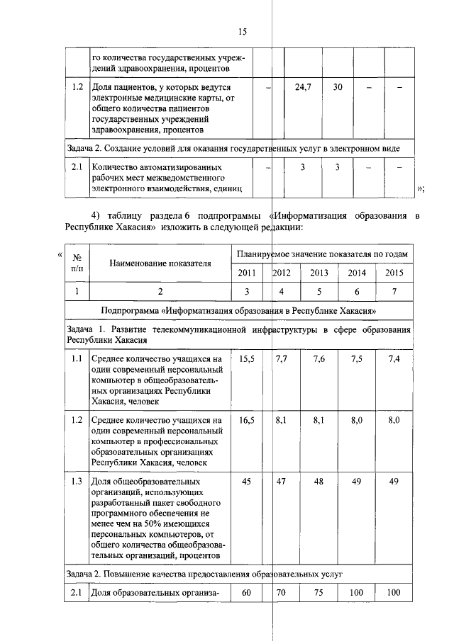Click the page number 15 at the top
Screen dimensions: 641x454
[242, 32]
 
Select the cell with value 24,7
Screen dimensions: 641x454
[303, 87]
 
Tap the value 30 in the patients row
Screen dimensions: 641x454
[338, 87]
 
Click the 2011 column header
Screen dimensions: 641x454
[248, 272]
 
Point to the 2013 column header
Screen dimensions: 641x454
[319, 272]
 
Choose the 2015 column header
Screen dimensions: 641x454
[394, 272]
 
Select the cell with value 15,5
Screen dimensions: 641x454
[247, 359]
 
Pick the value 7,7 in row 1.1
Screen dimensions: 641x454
[281, 359]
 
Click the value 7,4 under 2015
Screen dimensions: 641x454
[394, 359]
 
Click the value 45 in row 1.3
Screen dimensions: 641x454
[247, 481]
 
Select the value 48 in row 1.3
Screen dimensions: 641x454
[319, 481]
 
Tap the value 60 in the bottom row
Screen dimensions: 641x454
[247, 593]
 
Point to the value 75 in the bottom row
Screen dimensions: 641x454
[319, 593]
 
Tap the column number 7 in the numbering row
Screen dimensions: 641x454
[394, 291]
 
